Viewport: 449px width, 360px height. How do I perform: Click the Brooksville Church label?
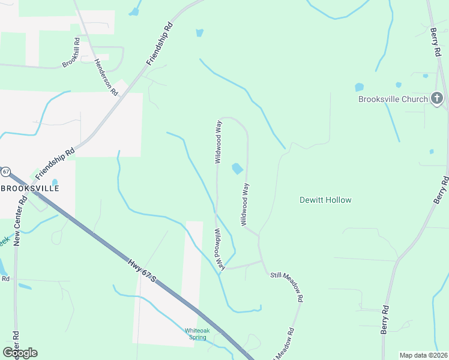pyautogui.click(x=393, y=99)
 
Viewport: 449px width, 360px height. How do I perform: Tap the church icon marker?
pyautogui.click(x=437, y=98)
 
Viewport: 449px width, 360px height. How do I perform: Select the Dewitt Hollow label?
pyautogui.click(x=325, y=200)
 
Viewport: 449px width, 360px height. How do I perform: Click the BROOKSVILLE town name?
pyautogui.click(x=29, y=188)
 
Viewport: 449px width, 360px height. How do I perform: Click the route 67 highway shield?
pyautogui.click(x=5, y=172)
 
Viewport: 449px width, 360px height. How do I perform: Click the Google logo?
pyautogui.click(x=20, y=353)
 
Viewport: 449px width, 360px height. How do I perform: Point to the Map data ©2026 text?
pyautogui.click(x=423, y=355)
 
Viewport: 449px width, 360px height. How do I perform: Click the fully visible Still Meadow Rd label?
pyautogui.click(x=287, y=284)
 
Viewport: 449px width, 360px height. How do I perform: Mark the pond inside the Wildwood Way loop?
pyautogui.click(x=238, y=169)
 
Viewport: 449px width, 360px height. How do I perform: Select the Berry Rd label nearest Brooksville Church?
pyautogui.click(x=435, y=43)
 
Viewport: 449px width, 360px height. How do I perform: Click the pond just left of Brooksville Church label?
pyautogui.click(x=360, y=87)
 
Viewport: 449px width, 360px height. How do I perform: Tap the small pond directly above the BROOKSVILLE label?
pyautogui.click(x=55, y=181)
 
